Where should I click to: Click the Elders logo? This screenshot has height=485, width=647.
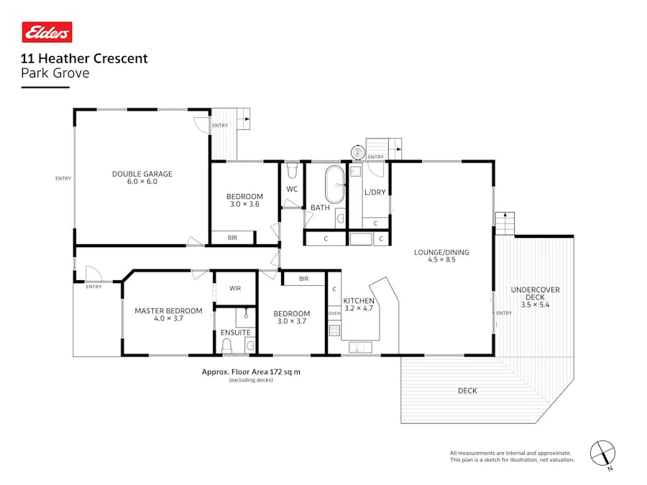47,32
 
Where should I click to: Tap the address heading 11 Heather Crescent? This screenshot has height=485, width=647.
85,59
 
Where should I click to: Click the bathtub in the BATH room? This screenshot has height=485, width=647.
335,185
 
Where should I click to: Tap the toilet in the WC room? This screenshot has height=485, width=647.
292,171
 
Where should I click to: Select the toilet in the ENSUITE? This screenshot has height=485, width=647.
227,346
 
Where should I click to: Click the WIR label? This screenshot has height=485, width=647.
235,288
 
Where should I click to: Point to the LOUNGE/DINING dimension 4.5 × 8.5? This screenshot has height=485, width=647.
441,260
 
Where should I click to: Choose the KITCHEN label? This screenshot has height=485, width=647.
358,300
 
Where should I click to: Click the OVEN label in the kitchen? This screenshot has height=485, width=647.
334,314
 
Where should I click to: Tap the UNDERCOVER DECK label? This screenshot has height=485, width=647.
535,294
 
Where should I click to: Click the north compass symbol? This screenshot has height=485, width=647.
602,453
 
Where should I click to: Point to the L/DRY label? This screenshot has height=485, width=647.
375,193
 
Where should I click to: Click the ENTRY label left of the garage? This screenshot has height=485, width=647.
63,179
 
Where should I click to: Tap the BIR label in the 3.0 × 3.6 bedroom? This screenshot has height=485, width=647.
232,237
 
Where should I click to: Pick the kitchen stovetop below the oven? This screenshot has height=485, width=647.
334,331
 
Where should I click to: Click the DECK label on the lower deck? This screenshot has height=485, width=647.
467,391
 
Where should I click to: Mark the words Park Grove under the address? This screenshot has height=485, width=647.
55,73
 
